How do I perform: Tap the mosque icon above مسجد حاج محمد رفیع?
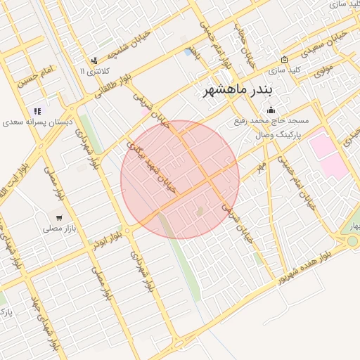click(271, 110)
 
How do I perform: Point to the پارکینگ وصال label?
click(279, 132)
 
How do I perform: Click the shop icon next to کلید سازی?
click(284, 60)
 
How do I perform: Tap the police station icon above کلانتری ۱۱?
click(94, 61)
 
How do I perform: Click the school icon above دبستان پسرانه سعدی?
click(37, 110)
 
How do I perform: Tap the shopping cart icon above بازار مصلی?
click(59, 217)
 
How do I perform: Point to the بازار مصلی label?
click(58, 229)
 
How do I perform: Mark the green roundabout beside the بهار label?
click(352, 241)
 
